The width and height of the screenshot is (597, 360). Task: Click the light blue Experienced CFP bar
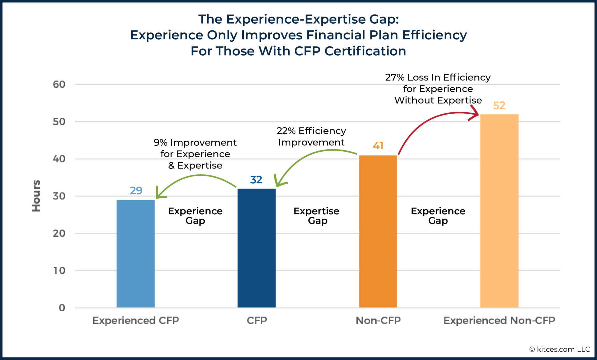click(136, 254)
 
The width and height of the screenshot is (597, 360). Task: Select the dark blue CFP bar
click(257, 248)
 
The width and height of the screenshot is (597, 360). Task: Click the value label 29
click(136, 191)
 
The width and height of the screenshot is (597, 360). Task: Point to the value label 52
click(499, 106)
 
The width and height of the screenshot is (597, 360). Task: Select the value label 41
click(378, 146)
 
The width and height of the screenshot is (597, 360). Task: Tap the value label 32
click(256, 180)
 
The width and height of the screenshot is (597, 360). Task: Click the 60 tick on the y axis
click(59, 85)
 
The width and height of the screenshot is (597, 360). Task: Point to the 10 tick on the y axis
click(59, 271)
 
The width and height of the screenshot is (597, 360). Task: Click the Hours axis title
click(36, 196)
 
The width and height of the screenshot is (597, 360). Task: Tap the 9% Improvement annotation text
click(195, 154)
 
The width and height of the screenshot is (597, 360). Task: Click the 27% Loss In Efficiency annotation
click(438, 89)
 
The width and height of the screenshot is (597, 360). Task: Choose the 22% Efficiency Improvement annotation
click(311, 136)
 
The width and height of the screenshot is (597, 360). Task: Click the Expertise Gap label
click(317, 215)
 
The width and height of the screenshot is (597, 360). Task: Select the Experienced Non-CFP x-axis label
click(499, 321)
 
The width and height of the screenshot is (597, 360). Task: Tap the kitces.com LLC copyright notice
click(560, 349)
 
